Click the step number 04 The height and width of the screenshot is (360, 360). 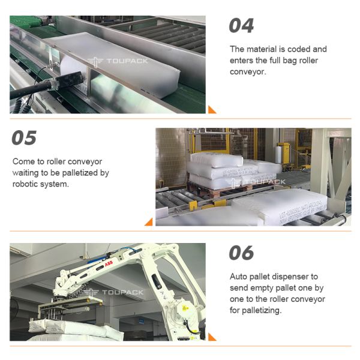coord(241,26)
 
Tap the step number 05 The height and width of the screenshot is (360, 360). coord(25,139)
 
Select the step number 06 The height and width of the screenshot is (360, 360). coord(241,253)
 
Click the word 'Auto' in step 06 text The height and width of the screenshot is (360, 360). coord(239,277)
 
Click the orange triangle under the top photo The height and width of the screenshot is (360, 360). coord(211,109)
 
